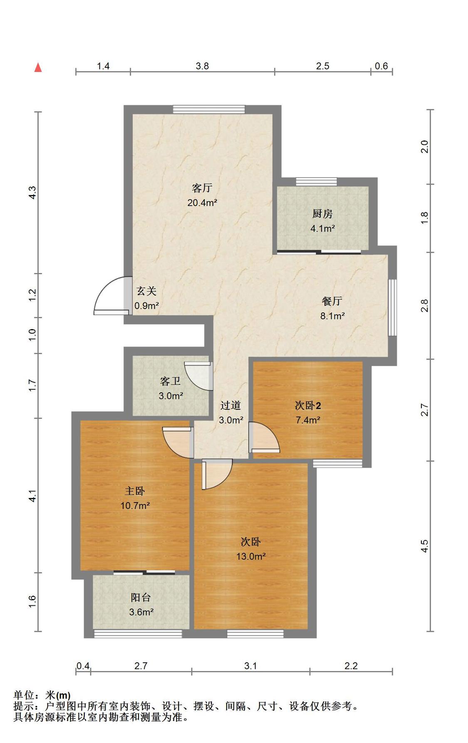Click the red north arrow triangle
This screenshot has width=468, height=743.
pyautogui.click(x=38, y=67)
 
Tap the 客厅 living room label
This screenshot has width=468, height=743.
pyautogui.click(x=202, y=188)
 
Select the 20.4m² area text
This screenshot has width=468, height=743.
pyautogui.click(x=202, y=203)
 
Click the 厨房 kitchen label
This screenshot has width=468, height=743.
pyautogui.click(x=322, y=214)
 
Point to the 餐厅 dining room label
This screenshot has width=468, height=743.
pyautogui.click(x=332, y=301)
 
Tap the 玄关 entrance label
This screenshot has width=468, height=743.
pyautogui.click(x=146, y=291)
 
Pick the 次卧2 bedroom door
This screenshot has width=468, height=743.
pyautogui.click(x=264, y=437)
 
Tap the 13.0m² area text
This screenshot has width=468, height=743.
pyautogui.click(x=251, y=557)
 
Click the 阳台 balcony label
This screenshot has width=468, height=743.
pyautogui.click(x=141, y=597)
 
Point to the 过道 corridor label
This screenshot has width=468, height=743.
pyautogui.click(x=230, y=405)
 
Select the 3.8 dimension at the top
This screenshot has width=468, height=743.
pyautogui.click(x=202, y=66)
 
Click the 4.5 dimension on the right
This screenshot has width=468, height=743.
pyautogui.click(x=424, y=546)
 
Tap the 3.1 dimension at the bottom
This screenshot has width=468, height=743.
pyautogui.click(x=250, y=666)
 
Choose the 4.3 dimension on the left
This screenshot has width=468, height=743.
pyautogui.click(x=32, y=192)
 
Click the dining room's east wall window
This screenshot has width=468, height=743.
pyautogui.click(x=392, y=307)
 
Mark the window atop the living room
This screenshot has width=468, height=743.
pyautogui.click(x=209, y=109)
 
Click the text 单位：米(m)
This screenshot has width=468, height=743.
pyautogui.click(x=42, y=695)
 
